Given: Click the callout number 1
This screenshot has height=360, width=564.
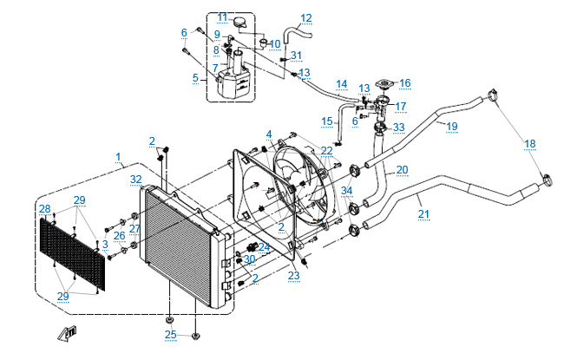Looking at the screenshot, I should (x=118, y=156).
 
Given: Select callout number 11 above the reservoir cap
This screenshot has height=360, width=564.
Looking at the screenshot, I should (x=222, y=17).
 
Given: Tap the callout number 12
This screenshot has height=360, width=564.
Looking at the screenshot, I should (x=305, y=17).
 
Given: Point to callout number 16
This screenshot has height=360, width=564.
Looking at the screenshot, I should (x=404, y=83).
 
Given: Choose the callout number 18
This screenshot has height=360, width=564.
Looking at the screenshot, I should (x=530, y=144).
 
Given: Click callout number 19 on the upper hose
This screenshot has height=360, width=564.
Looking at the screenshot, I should (x=452, y=127).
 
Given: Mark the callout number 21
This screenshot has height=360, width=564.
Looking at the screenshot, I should (x=423, y=213).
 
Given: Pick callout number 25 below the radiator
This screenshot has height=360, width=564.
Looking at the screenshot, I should (x=170, y=334).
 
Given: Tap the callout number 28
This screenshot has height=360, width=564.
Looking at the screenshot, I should (x=44, y=208).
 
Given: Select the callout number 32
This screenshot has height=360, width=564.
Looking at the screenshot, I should (x=136, y=180).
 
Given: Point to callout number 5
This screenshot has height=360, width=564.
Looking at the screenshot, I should (x=195, y=77).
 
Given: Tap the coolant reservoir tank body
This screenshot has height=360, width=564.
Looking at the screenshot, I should (x=233, y=84).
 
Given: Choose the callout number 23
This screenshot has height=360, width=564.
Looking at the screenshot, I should (x=293, y=276).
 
